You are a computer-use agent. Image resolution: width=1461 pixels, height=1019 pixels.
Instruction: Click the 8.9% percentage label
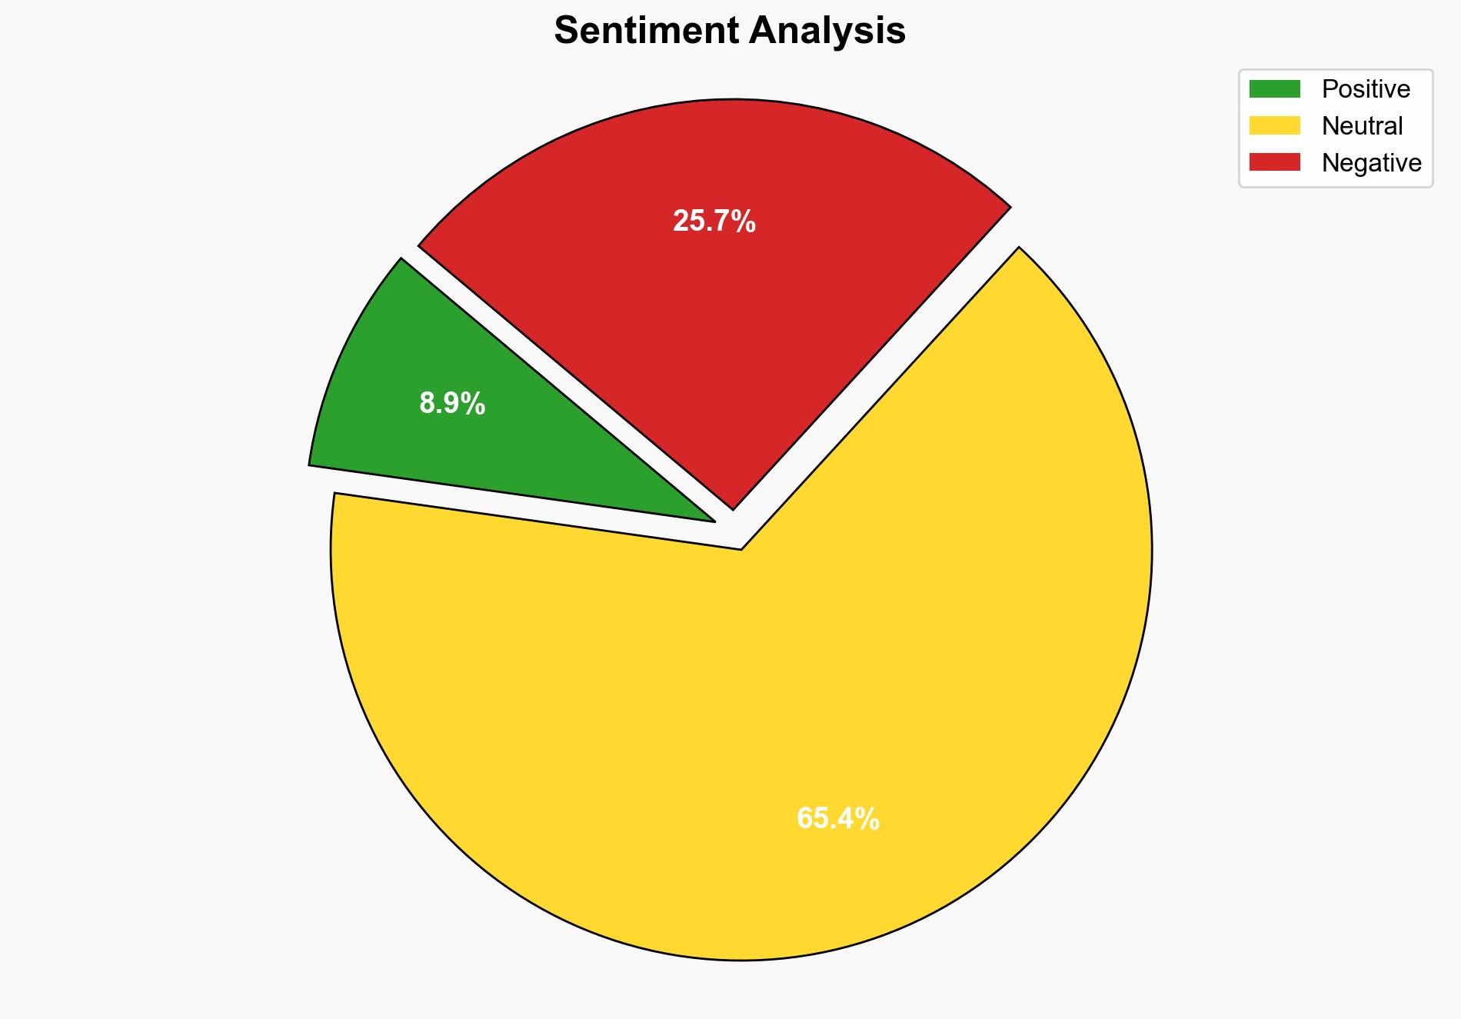(452, 404)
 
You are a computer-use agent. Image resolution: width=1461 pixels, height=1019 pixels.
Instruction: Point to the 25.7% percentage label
(714, 222)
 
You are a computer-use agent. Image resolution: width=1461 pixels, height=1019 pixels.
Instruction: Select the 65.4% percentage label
(838, 819)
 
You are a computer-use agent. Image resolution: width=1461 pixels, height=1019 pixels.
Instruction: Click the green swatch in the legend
(1274, 89)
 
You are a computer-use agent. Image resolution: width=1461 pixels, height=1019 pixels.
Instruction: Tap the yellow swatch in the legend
(1274, 125)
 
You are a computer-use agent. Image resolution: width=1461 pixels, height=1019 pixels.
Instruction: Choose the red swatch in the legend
(1274, 162)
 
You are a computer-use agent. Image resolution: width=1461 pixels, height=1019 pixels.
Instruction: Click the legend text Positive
(1366, 89)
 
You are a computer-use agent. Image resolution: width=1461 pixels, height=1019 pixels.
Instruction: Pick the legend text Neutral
(1362, 125)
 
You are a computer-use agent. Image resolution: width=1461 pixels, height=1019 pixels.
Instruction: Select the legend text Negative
(1371, 162)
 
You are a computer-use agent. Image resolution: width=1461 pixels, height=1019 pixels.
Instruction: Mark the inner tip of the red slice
(733, 508)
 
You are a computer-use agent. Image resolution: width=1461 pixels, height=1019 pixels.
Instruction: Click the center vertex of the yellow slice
(740, 549)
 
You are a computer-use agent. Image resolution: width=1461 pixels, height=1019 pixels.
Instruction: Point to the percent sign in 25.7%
(744, 222)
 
